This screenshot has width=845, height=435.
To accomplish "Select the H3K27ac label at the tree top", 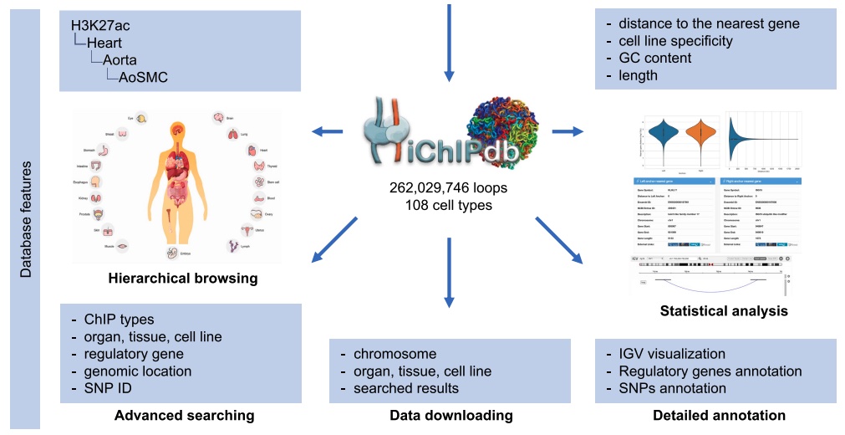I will (100, 26).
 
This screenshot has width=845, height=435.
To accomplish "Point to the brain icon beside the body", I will (218, 119).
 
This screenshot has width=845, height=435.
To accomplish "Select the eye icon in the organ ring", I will (142, 119).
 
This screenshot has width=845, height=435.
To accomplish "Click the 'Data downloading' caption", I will (451, 415).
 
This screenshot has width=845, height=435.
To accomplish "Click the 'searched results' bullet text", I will (406, 388).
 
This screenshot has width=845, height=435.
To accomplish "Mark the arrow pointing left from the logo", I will (327, 130).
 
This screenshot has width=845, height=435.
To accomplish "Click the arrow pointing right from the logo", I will (568, 130).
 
